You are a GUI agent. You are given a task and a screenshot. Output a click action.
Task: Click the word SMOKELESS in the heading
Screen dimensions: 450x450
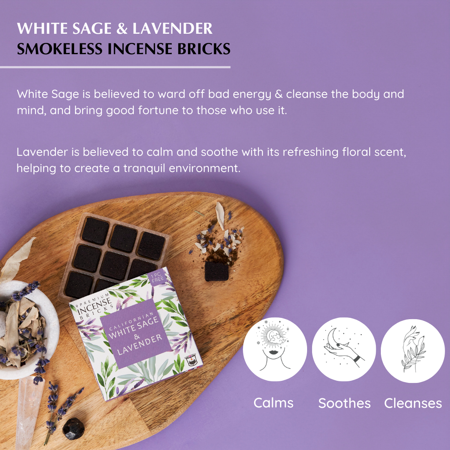coord(60,49)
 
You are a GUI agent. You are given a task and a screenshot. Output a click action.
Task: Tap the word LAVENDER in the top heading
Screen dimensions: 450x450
coord(172,29)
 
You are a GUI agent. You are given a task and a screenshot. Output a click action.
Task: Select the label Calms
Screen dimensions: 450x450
coord(273,402)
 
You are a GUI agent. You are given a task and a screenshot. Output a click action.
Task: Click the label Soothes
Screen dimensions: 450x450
coord(345,403)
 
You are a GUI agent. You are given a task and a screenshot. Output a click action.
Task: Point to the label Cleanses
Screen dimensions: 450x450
coord(413,403)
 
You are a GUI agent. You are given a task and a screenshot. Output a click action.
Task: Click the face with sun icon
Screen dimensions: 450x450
coord(275,349)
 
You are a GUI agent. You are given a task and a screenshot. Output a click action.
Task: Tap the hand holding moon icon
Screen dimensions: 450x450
coord(344,349)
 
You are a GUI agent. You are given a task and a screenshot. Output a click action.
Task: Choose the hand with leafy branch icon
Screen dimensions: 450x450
coord(412,351)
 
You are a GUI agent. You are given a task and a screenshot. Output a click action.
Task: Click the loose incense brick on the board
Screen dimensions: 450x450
coord(216,271)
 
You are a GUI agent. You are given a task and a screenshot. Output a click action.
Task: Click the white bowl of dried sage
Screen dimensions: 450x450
coord(26,330)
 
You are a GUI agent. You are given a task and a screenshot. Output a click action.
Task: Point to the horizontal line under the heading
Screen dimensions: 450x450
coord(115,67)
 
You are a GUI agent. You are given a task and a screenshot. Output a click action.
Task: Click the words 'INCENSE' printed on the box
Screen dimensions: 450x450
coord(95,306)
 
